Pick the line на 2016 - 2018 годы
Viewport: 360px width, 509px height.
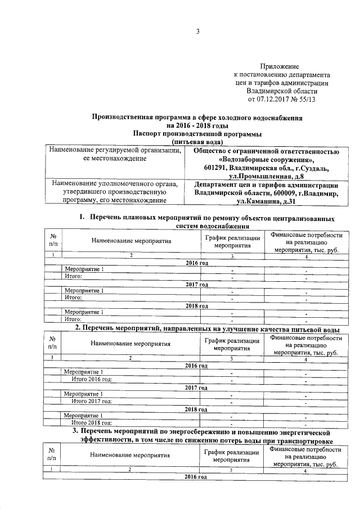point(198,126)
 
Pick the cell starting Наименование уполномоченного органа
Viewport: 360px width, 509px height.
point(115,192)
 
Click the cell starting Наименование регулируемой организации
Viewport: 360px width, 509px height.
point(115,155)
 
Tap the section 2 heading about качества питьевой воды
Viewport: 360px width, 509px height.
point(207,328)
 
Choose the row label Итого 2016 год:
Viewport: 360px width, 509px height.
point(91,379)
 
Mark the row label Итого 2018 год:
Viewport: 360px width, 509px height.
point(91,422)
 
